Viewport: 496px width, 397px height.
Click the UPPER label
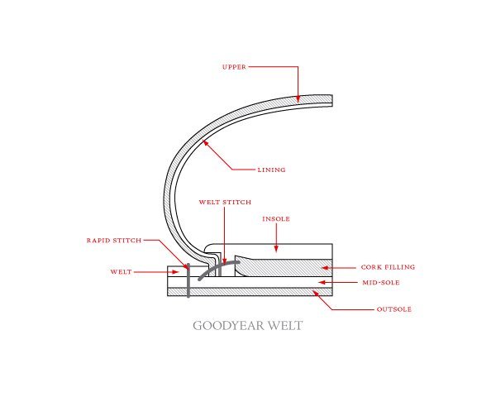click(234, 67)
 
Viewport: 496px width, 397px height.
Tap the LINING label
click(271, 170)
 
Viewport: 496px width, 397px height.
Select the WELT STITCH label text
click(225, 202)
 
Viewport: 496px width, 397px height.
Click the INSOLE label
click(276, 218)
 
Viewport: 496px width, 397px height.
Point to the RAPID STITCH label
click(114, 241)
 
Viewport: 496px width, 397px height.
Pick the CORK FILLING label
click(388, 267)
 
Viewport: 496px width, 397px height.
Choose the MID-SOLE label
click(381, 282)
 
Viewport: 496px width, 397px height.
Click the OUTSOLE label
click(394, 309)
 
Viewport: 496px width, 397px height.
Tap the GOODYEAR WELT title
click(248, 326)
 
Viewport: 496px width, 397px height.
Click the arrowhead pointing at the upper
click(298, 99)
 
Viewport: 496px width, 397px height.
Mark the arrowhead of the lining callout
click(206, 143)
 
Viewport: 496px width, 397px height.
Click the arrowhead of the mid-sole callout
click(322, 282)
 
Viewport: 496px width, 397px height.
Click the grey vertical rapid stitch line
click(188, 280)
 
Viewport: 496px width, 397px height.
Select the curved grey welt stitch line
click(217, 268)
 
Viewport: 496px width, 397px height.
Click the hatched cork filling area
click(284, 268)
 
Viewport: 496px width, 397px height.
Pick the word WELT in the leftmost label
click(121, 272)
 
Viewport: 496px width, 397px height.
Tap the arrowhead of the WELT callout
click(175, 272)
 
